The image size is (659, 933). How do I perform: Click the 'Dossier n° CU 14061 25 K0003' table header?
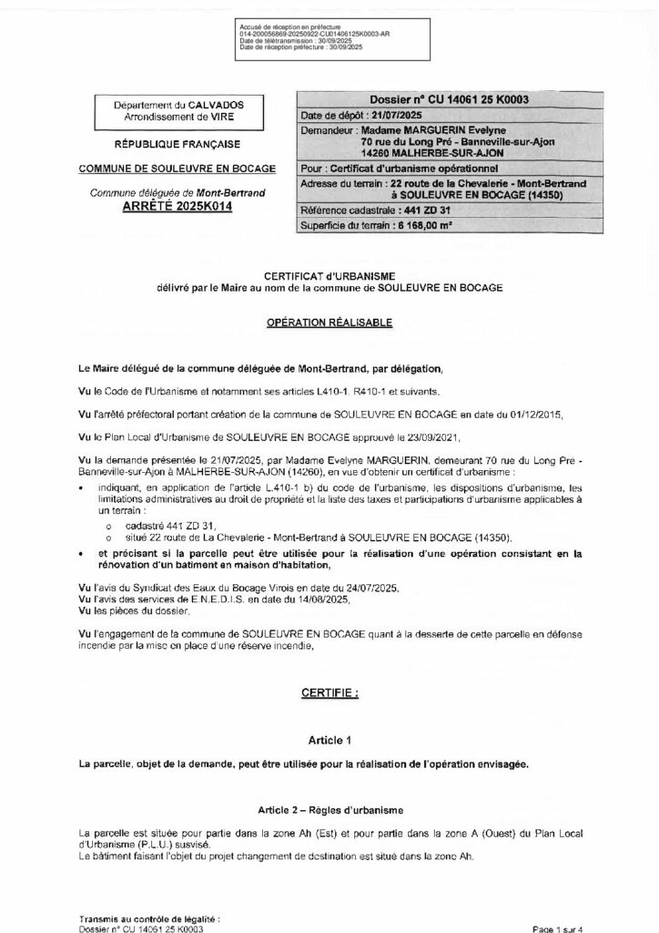click(x=451, y=100)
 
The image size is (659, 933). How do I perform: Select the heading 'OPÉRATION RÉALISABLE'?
click(x=329, y=323)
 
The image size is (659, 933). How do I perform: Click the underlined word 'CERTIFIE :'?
click(x=329, y=693)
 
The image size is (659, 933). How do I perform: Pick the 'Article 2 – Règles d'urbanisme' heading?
click(x=329, y=810)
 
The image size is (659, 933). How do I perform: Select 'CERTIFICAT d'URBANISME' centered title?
click(x=329, y=278)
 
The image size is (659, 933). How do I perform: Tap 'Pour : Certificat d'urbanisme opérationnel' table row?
click(x=400, y=169)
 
